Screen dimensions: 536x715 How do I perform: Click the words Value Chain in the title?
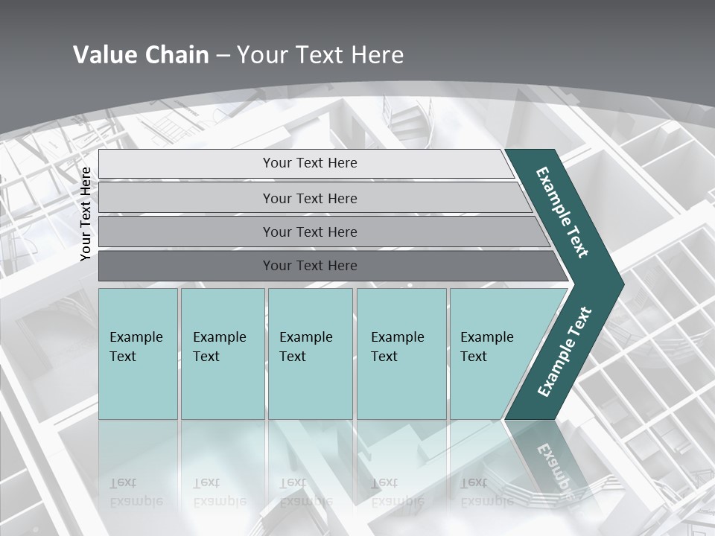pos(141,54)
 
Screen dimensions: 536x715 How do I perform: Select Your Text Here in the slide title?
pos(320,54)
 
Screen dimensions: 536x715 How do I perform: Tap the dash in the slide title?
pos(223,55)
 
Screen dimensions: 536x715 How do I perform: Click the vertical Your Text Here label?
pos(86,214)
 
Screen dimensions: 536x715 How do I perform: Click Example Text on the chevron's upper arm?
pos(562,211)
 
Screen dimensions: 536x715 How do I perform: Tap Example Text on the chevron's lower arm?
pos(564,352)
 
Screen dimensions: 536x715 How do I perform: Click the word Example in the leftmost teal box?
pos(136,336)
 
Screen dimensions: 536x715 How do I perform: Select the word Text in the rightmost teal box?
pos(474,356)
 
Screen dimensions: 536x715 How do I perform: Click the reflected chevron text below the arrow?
pos(552,465)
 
